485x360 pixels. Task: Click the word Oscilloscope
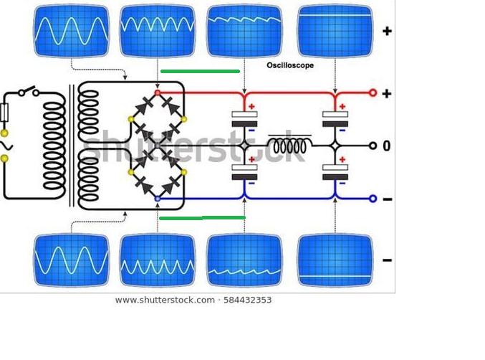click(x=290, y=65)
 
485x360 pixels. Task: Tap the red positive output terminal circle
click(x=373, y=93)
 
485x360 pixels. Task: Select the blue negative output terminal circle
click(x=373, y=199)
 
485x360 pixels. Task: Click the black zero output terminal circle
click(x=373, y=146)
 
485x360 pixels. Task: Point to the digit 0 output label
click(x=387, y=146)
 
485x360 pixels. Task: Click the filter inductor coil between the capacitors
click(x=290, y=145)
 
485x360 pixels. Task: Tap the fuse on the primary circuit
click(x=4, y=113)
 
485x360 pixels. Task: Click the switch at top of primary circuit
click(x=29, y=91)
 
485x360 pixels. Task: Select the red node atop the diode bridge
click(x=158, y=93)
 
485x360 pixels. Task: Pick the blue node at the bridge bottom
click(x=158, y=199)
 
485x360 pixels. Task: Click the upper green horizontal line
click(x=200, y=72)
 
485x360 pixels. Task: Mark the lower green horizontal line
click(x=202, y=218)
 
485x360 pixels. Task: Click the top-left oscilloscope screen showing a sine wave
click(x=72, y=31)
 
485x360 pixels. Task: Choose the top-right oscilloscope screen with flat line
click(x=335, y=31)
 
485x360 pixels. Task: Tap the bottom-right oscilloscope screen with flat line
click(x=335, y=260)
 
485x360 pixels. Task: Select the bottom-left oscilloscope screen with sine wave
click(x=72, y=260)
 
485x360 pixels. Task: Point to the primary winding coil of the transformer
click(x=54, y=146)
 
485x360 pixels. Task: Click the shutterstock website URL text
click(x=165, y=300)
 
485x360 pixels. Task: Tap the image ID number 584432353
click(x=247, y=300)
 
